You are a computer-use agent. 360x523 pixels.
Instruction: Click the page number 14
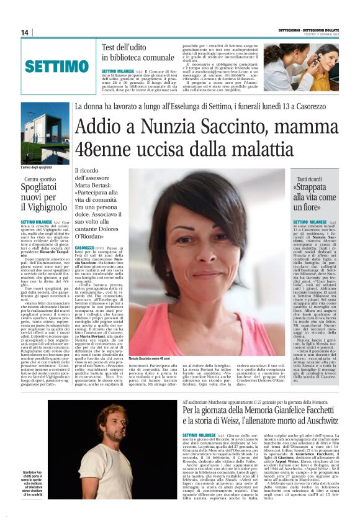tap(24, 32)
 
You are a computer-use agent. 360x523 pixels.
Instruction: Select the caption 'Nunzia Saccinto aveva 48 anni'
tap(150, 359)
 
